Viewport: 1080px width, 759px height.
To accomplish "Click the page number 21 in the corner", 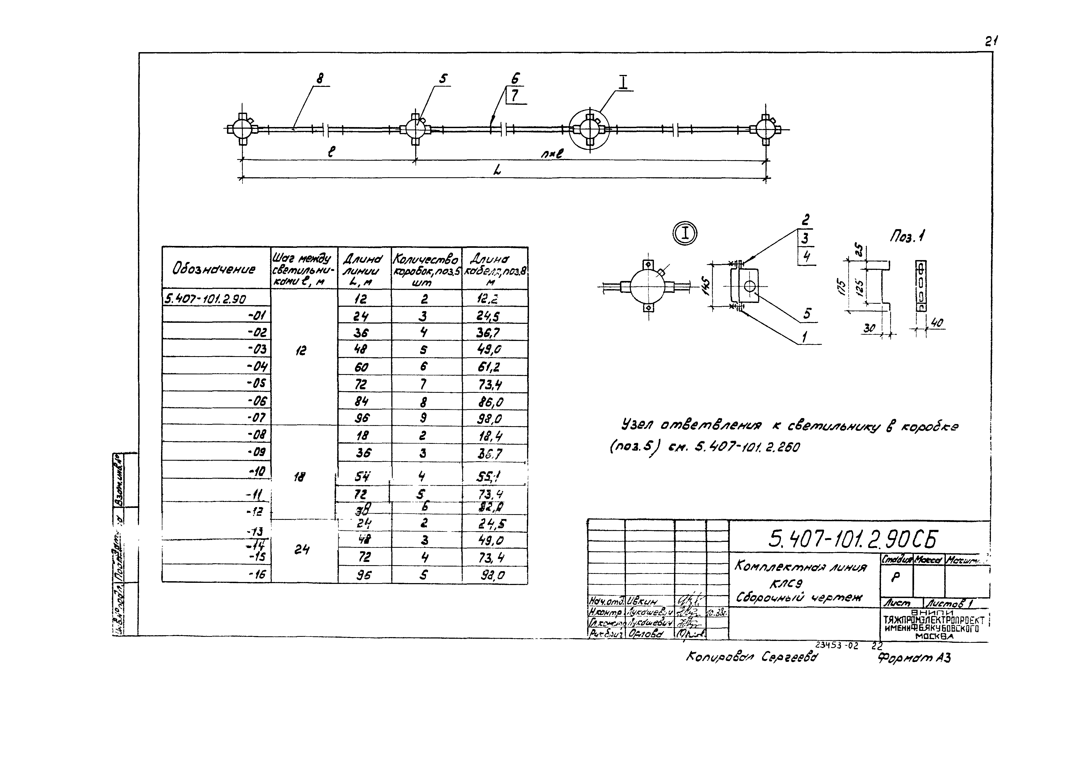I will [991, 41].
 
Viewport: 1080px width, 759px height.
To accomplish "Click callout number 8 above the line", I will [320, 78].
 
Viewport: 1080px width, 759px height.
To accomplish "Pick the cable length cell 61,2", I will [489, 367].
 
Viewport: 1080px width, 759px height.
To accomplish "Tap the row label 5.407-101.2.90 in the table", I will [206, 299].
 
